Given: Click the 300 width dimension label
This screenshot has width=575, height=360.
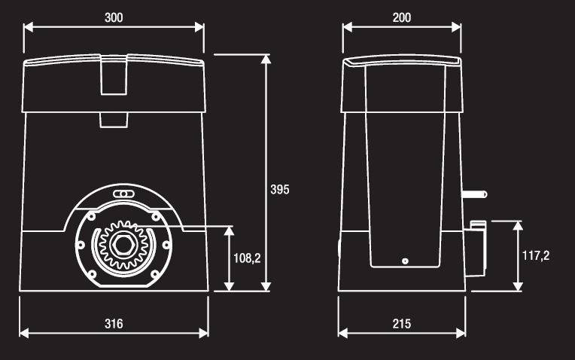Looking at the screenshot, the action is (114, 17).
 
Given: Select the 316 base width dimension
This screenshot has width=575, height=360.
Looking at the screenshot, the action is (114, 324).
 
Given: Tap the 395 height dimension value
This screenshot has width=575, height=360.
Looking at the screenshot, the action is (280, 189).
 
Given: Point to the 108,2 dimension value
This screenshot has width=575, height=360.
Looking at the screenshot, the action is (247, 258).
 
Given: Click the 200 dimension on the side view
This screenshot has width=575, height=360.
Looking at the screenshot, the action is (402, 17).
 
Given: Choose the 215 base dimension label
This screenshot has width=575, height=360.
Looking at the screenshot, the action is (402, 324).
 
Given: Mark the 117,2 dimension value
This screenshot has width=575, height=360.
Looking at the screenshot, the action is (536, 255).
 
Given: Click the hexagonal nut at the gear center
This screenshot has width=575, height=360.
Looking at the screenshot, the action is (123, 244).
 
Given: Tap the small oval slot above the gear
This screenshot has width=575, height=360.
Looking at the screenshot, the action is (123, 194).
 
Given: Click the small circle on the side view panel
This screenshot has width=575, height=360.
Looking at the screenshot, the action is (405, 261).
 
